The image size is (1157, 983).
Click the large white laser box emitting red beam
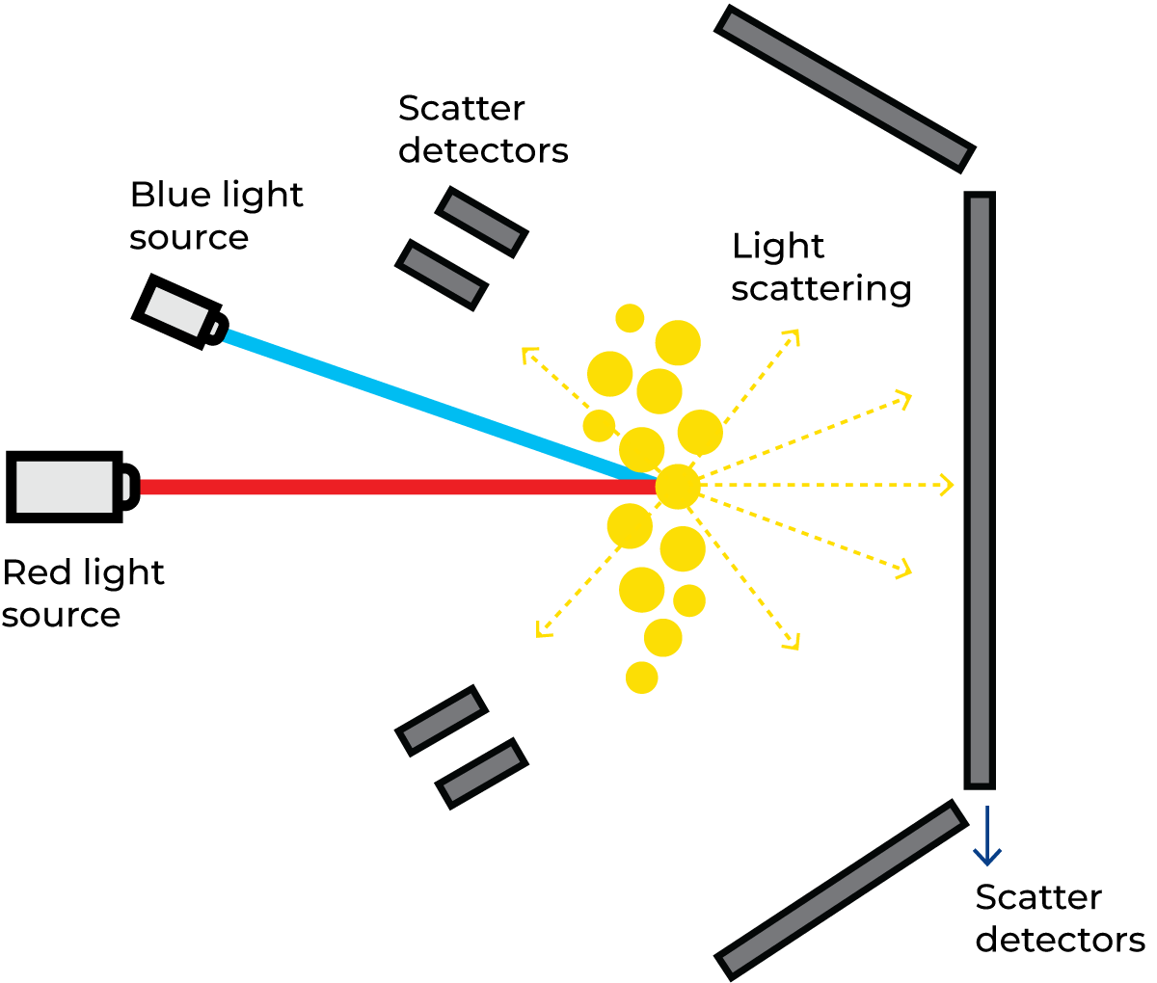pyautogui.click(x=65, y=487)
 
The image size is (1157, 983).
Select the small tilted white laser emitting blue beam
pyautogui.click(x=176, y=311)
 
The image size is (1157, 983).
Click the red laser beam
pyautogui.click(x=386, y=487)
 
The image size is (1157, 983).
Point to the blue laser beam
pyautogui.click(x=415, y=404)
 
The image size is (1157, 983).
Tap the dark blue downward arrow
pyautogui.click(x=986, y=838)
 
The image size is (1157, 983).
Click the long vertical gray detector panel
pyautogui.click(x=980, y=490)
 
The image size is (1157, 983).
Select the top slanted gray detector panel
pyautogui.click(x=845, y=88)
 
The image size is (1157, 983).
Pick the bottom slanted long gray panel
pyautogui.click(x=842, y=890)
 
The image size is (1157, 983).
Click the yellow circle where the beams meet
pyautogui.click(x=678, y=487)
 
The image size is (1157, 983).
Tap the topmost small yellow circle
pyautogui.click(x=630, y=318)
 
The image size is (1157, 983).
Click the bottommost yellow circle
pyautogui.click(x=642, y=677)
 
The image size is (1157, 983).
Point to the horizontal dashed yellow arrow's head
pyautogui.click(x=949, y=485)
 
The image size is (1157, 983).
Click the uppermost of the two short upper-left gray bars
pyautogui.click(x=482, y=222)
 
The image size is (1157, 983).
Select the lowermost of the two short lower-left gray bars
pyautogui.click(x=482, y=774)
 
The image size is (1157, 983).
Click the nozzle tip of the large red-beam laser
pyautogui.click(x=126, y=487)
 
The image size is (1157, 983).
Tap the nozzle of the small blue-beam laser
pyautogui.click(x=214, y=329)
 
